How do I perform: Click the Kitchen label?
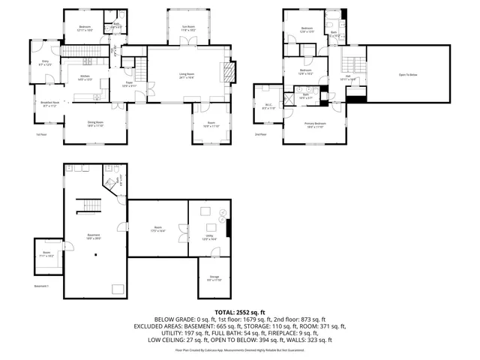tap(85, 79)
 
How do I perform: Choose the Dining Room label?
tap(94, 124)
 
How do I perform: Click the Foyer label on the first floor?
tap(128, 85)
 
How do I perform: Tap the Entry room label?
tap(45, 64)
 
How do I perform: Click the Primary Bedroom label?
tap(315, 125)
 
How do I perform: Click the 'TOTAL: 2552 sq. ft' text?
tap(239, 311)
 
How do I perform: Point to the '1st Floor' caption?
tap(41, 135)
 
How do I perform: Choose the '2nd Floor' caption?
tap(260, 135)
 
